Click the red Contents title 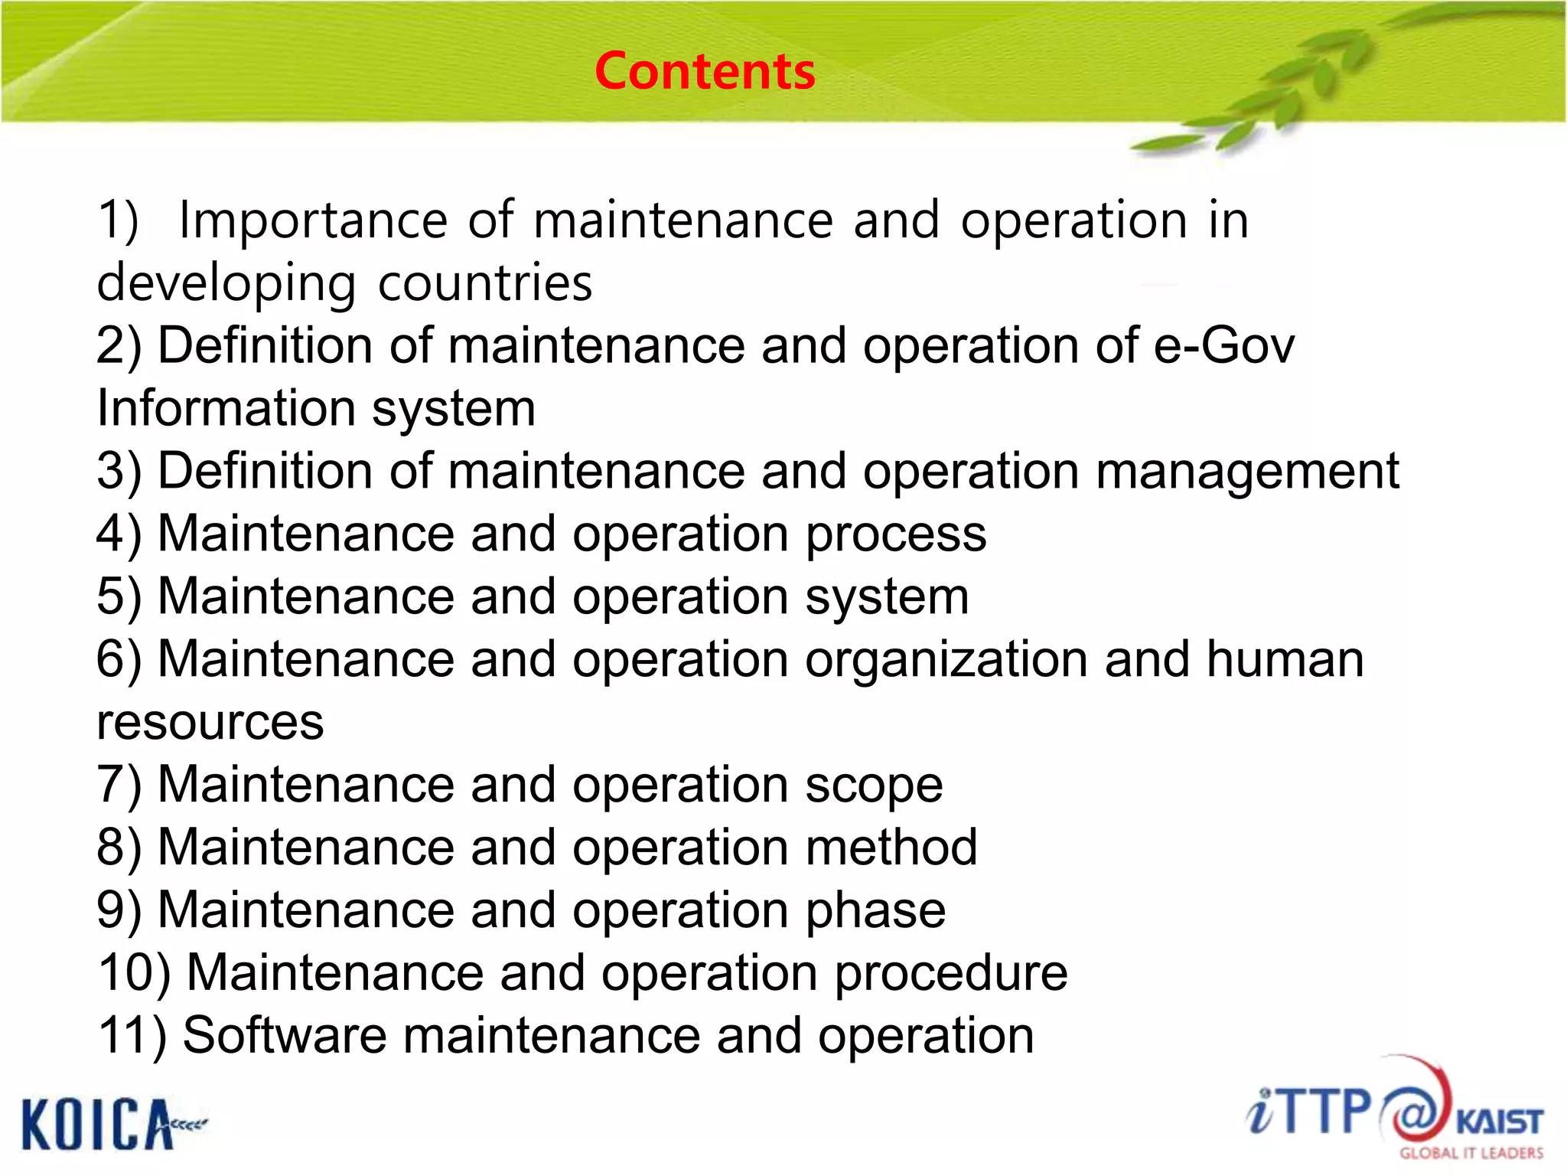pos(705,71)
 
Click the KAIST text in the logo pos(1499,1122)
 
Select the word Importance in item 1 pos(312,221)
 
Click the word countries pos(485,283)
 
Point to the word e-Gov pos(1223,345)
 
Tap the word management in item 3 pos(1247,472)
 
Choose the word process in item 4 pos(895,534)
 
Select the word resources pos(210,723)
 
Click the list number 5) pos(119,597)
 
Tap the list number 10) pos(134,974)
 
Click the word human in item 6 pos(1285,660)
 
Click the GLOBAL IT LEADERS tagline pos(1471,1153)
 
